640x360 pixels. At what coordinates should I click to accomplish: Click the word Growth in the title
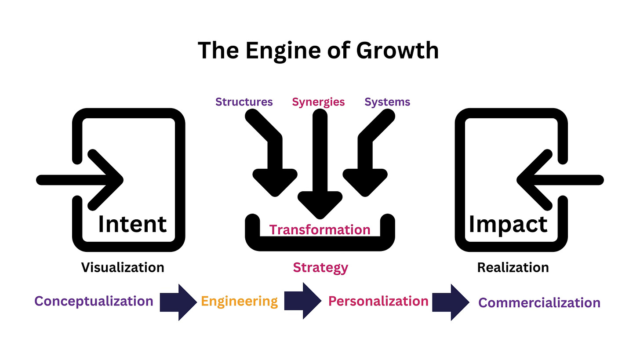pos(397,50)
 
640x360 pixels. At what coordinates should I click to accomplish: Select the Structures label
pos(244,102)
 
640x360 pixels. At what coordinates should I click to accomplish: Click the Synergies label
pos(318,102)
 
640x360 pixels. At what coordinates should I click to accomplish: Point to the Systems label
pos(387,102)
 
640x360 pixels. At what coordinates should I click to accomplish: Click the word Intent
pos(132,224)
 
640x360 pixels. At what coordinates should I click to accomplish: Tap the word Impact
pos(508,224)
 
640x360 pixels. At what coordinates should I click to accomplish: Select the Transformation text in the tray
pos(320,229)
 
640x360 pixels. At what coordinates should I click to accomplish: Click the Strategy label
pos(320,267)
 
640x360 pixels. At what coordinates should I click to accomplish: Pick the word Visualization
pos(123,267)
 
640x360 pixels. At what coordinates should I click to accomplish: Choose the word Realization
pos(513,267)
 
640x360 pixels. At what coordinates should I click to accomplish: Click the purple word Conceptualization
pos(94,301)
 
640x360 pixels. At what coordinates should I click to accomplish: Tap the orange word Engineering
pos(240,301)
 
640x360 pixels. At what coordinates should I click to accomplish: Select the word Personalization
pos(378,301)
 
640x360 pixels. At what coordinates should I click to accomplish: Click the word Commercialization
pos(539,302)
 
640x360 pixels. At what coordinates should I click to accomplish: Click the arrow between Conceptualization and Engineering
pos(178,301)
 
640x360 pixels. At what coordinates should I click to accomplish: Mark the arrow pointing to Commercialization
pos(451,302)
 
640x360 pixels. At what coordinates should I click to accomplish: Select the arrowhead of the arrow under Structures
pos(275,182)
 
